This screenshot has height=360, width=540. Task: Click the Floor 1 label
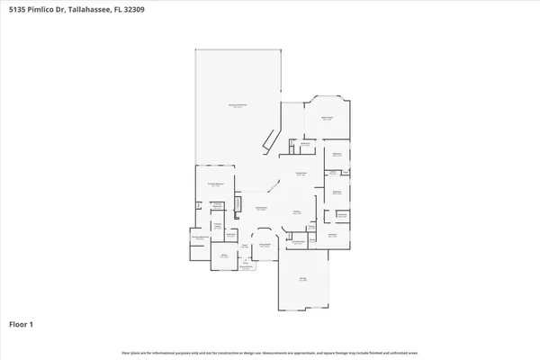coord(22,323)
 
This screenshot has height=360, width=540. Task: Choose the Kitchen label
coord(296,212)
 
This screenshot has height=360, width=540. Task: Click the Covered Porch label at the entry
coord(245,267)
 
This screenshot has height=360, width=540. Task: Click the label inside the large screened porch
coord(237,106)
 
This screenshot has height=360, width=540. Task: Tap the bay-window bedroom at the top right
coord(327,118)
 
